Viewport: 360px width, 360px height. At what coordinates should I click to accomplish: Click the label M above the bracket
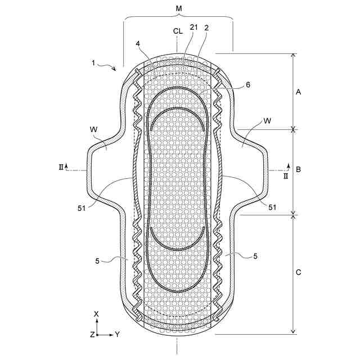[x=179, y=9]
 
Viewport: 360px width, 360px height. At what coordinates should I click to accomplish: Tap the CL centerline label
[x=178, y=31]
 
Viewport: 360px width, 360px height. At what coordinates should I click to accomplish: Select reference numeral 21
[x=193, y=27]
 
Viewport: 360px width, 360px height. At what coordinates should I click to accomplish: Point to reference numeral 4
[x=138, y=44]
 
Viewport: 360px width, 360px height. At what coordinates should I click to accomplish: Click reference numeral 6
[x=248, y=85]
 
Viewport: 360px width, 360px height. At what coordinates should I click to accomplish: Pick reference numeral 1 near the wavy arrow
[x=93, y=62]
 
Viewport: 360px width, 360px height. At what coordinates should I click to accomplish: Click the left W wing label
[x=94, y=129]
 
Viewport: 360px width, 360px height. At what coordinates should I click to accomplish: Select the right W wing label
[x=267, y=121]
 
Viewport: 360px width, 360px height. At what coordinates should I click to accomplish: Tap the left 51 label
[x=82, y=209]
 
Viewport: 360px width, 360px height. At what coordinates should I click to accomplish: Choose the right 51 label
[x=272, y=208]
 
